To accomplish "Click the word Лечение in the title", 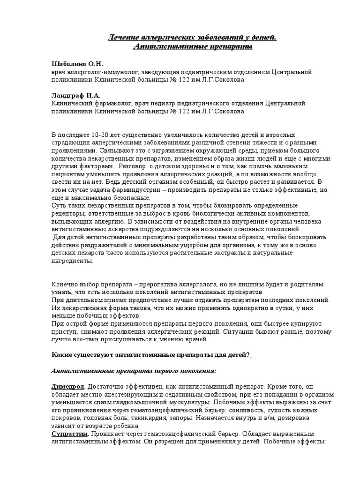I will tap(124, 38).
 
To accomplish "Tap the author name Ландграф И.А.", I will tap(75, 95).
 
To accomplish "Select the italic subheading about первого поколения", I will tap(133, 371).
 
